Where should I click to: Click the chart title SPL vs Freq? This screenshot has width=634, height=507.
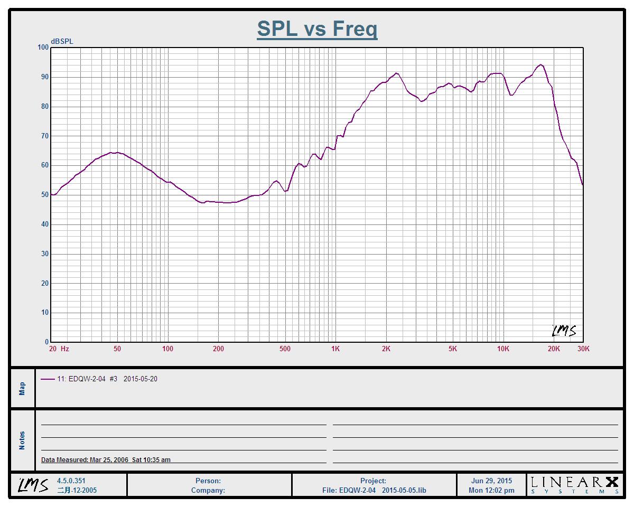(x=317, y=29)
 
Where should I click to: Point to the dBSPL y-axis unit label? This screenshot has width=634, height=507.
(x=62, y=41)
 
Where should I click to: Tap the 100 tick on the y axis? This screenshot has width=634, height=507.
(x=43, y=48)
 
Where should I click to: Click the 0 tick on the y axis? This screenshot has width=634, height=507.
(x=46, y=342)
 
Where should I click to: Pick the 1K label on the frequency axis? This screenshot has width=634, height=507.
(x=335, y=349)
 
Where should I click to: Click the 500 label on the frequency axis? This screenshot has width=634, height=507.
(x=285, y=349)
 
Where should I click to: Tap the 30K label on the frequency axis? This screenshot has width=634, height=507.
(x=583, y=349)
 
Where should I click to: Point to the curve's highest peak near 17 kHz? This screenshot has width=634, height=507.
(x=540, y=65)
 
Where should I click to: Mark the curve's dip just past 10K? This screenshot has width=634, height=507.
(x=511, y=95)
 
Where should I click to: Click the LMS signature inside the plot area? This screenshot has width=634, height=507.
(x=564, y=331)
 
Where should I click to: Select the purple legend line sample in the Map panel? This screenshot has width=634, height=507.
(x=48, y=379)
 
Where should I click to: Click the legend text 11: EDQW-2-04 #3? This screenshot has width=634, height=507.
(x=87, y=379)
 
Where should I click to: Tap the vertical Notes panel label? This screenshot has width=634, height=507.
(x=22, y=440)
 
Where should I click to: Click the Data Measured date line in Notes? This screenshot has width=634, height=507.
(x=106, y=459)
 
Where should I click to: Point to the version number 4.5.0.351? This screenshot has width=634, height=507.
(x=71, y=481)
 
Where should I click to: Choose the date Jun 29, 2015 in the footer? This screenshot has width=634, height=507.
(x=491, y=481)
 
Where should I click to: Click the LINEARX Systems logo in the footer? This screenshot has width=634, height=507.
(x=575, y=485)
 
